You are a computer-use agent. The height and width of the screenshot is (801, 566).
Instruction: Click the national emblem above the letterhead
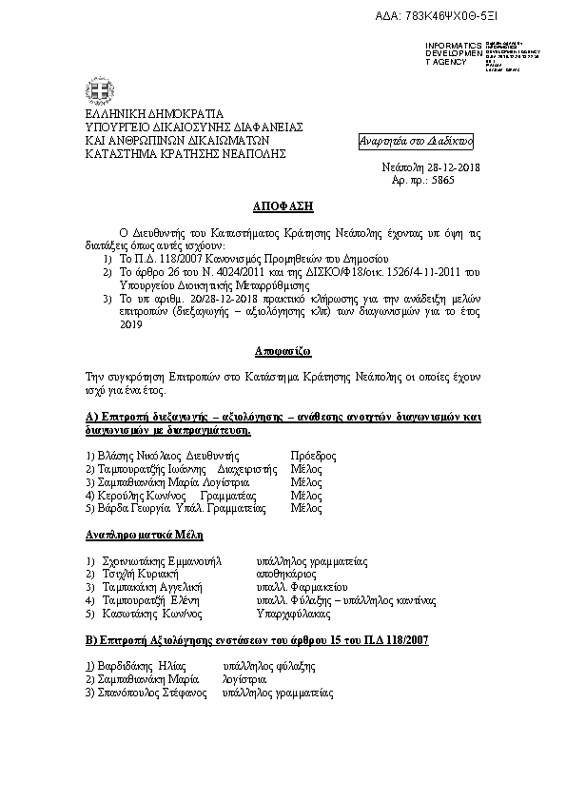point(95,88)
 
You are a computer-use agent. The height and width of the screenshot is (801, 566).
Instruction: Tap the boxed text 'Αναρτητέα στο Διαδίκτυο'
point(415,141)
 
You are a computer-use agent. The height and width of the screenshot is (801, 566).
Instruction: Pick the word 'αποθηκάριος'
point(284,575)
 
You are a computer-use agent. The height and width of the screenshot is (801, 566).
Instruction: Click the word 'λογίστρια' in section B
point(244,680)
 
